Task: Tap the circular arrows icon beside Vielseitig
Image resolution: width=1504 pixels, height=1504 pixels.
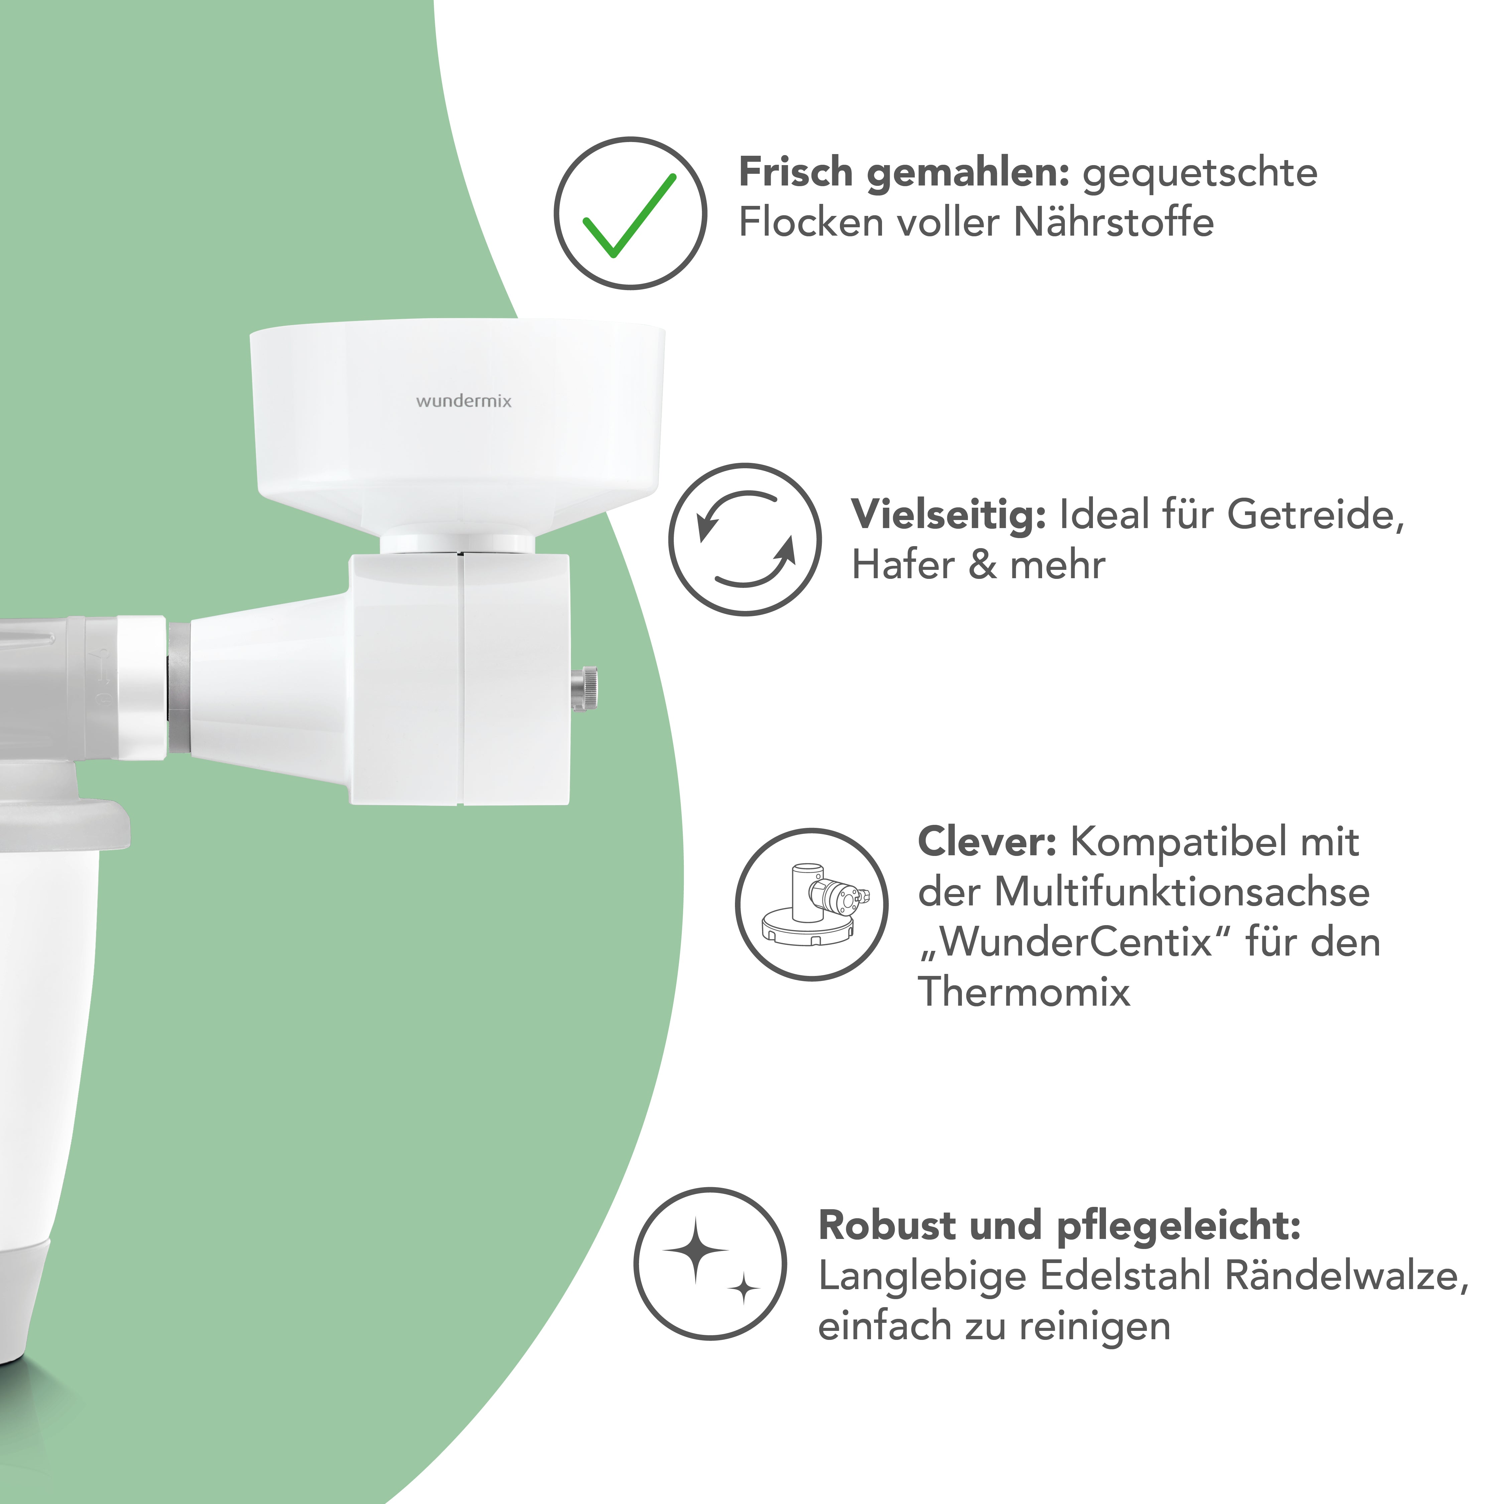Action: click(745, 539)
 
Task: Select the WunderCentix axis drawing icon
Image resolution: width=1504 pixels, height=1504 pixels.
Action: click(812, 905)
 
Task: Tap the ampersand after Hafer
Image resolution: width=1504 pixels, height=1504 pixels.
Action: click(982, 565)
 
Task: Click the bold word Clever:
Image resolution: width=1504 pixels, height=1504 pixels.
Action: click(986, 842)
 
